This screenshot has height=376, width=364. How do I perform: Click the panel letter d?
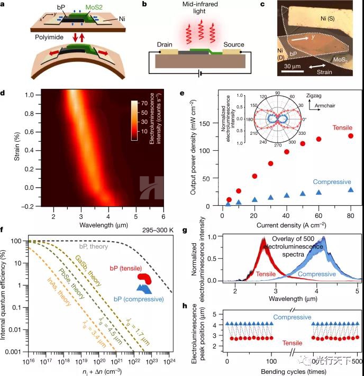pos(4,94)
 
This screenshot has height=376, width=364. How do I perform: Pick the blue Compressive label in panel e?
pos(332,182)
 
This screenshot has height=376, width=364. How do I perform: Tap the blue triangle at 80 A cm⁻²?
pos(350,190)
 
